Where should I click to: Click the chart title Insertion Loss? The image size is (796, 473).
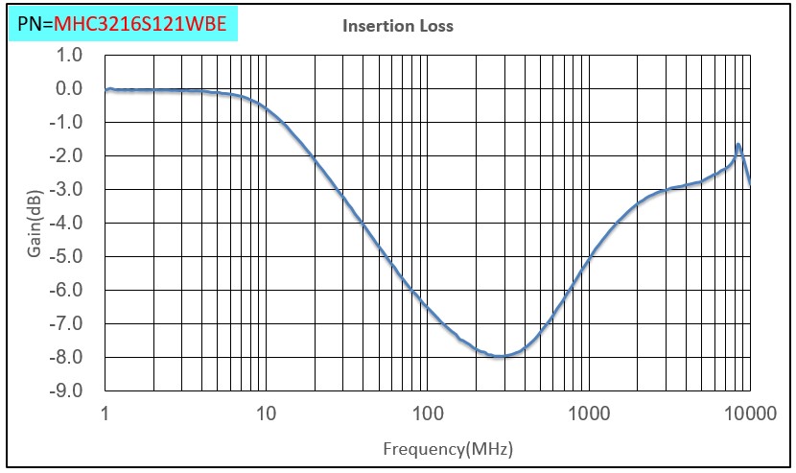pos(398,26)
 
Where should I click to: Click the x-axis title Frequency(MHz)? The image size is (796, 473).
pos(446,448)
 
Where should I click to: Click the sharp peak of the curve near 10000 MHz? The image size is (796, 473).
pos(737,145)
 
